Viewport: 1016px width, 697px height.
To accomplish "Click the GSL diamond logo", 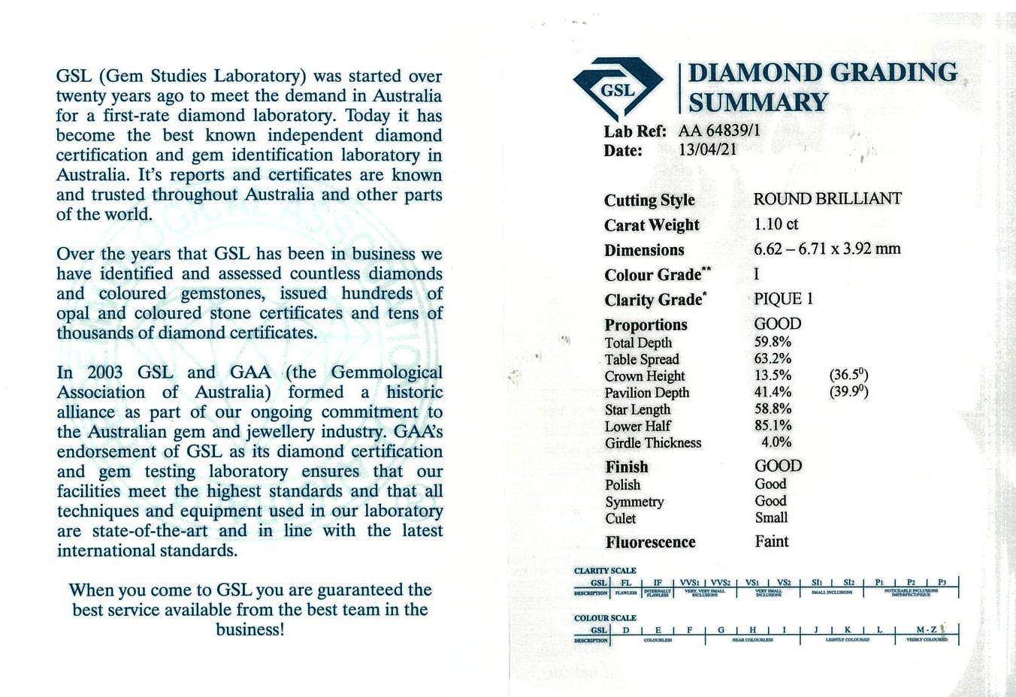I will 618,88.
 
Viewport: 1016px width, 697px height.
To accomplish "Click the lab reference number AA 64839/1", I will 719,131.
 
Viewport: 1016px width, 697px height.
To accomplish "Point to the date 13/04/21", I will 707,149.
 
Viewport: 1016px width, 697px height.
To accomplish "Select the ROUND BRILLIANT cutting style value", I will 827,199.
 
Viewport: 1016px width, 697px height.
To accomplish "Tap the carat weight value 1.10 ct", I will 776,224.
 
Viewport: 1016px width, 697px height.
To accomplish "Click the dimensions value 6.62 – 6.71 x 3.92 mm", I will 827,249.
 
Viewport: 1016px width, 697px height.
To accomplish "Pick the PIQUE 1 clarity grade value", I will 784,299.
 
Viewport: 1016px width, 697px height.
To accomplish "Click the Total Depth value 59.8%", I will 773,342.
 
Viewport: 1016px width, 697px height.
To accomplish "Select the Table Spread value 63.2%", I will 773,358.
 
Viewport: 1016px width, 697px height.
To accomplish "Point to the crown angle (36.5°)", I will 848,375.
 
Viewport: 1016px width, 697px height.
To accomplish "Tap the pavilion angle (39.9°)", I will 848,391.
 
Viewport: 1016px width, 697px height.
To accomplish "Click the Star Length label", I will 637,409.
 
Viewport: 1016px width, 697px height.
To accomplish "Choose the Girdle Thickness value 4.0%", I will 776,442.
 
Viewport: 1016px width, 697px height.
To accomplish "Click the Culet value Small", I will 771,517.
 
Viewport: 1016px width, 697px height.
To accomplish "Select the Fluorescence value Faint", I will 772,542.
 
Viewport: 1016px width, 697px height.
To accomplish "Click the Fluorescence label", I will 650,542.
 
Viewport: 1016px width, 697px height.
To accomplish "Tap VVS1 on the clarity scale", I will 689,582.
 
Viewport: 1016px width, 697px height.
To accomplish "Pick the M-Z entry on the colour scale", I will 926,629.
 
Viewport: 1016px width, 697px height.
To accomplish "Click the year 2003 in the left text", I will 104,373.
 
